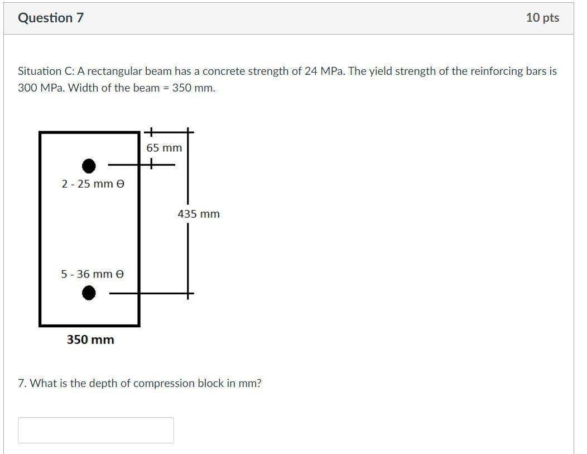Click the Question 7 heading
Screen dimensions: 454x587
[51, 18]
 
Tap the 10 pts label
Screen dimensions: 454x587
[542, 18]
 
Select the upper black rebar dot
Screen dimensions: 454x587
[89, 166]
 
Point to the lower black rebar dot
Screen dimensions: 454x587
[89, 293]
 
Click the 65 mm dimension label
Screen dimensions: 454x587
[164, 148]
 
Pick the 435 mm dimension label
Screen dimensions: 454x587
[199, 214]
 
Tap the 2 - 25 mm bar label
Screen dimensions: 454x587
[93, 184]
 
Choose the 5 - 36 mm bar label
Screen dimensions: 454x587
[93, 274]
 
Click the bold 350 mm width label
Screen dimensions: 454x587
[90, 340]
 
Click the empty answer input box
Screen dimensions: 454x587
[95, 430]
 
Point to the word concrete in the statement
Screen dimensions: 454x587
[222, 71]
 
